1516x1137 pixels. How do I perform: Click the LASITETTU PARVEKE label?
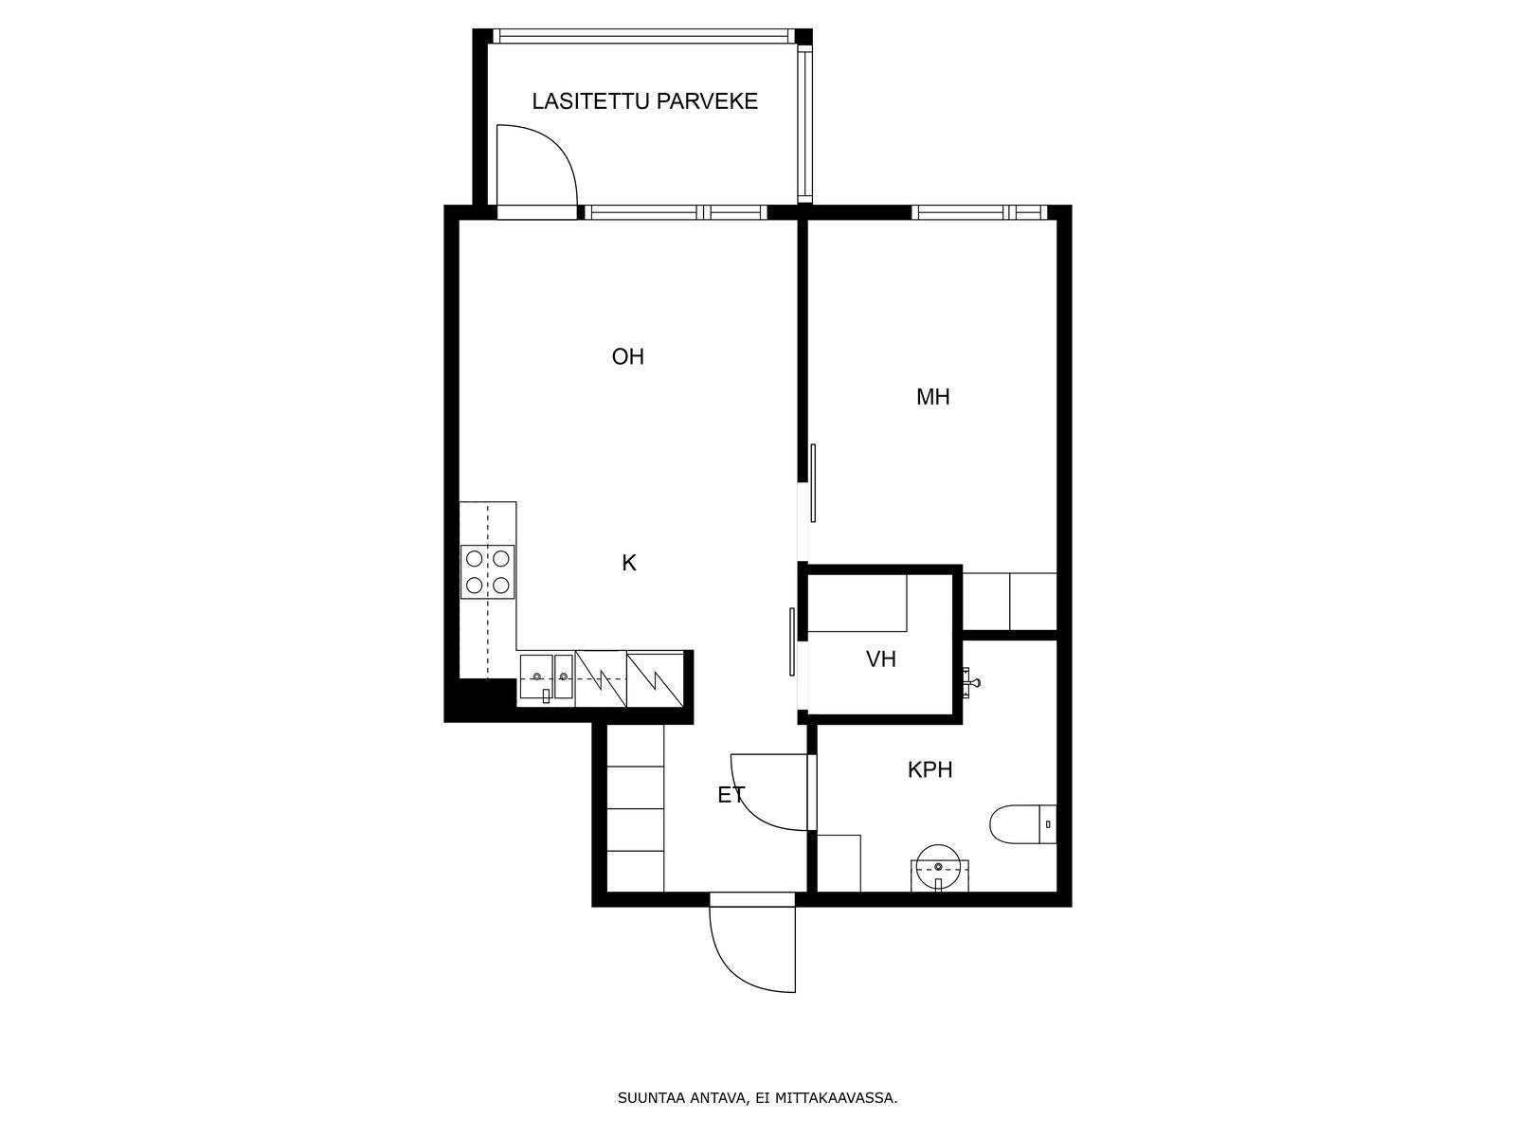tap(644, 101)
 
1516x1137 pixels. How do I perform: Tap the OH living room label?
tap(628, 357)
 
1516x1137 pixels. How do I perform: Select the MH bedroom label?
tap(933, 397)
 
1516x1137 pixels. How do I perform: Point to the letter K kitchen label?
tap(629, 564)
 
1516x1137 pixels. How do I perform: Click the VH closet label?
tap(881, 659)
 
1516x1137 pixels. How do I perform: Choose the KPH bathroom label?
tap(930, 769)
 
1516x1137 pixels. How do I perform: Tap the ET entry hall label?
tap(731, 795)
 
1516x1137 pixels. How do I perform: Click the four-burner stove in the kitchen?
tap(488, 571)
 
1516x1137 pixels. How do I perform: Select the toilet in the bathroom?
tap(1023, 824)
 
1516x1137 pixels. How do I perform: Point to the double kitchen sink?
tap(547, 677)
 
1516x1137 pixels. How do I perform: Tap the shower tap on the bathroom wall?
tap(970, 683)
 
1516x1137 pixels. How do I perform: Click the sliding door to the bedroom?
tap(813, 482)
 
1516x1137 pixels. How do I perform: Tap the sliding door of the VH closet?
tap(792, 641)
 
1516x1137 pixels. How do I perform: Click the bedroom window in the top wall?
tap(980, 212)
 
